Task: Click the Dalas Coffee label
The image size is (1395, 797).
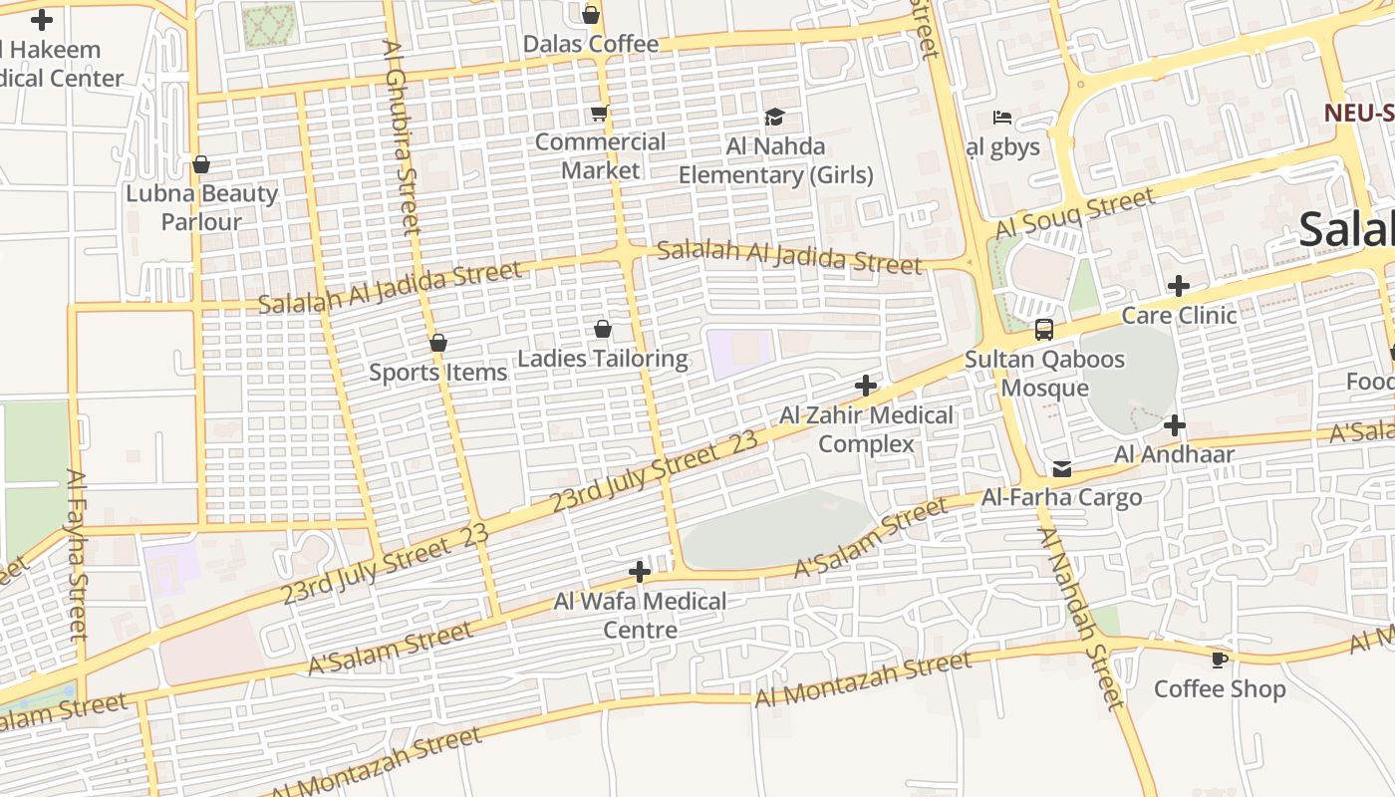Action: pyautogui.click(x=591, y=44)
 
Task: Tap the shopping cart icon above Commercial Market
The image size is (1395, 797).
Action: pyautogui.click(x=599, y=114)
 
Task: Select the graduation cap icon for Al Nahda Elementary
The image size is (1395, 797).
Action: pyautogui.click(x=774, y=118)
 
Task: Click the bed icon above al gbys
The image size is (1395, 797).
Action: pyautogui.click(x=1002, y=118)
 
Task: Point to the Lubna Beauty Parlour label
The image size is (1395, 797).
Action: pyautogui.click(x=201, y=207)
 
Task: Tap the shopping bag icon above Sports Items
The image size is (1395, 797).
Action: pyautogui.click(x=437, y=343)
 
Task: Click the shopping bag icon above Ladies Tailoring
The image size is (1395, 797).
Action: pyautogui.click(x=602, y=329)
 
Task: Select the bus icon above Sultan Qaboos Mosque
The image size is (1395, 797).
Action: pyautogui.click(x=1043, y=330)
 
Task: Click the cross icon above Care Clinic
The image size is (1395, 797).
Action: pyautogui.click(x=1178, y=287)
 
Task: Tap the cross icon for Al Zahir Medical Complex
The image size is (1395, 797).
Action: pyautogui.click(x=866, y=386)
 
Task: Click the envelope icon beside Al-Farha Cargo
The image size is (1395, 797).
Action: pyautogui.click(x=1062, y=469)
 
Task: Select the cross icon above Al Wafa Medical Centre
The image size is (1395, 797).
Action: pyautogui.click(x=640, y=572)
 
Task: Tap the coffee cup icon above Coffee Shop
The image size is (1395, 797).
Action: pyautogui.click(x=1219, y=660)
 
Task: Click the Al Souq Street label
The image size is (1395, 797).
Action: pyautogui.click(x=1076, y=213)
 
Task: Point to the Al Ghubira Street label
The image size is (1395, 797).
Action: pyautogui.click(x=402, y=136)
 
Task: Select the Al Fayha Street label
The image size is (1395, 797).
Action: pyautogui.click(x=78, y=553)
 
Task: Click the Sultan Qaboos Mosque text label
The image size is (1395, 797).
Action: pyautogui.click(x=1044, y=374)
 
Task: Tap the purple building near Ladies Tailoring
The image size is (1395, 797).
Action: pyautogui.click(x=738, y=354)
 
